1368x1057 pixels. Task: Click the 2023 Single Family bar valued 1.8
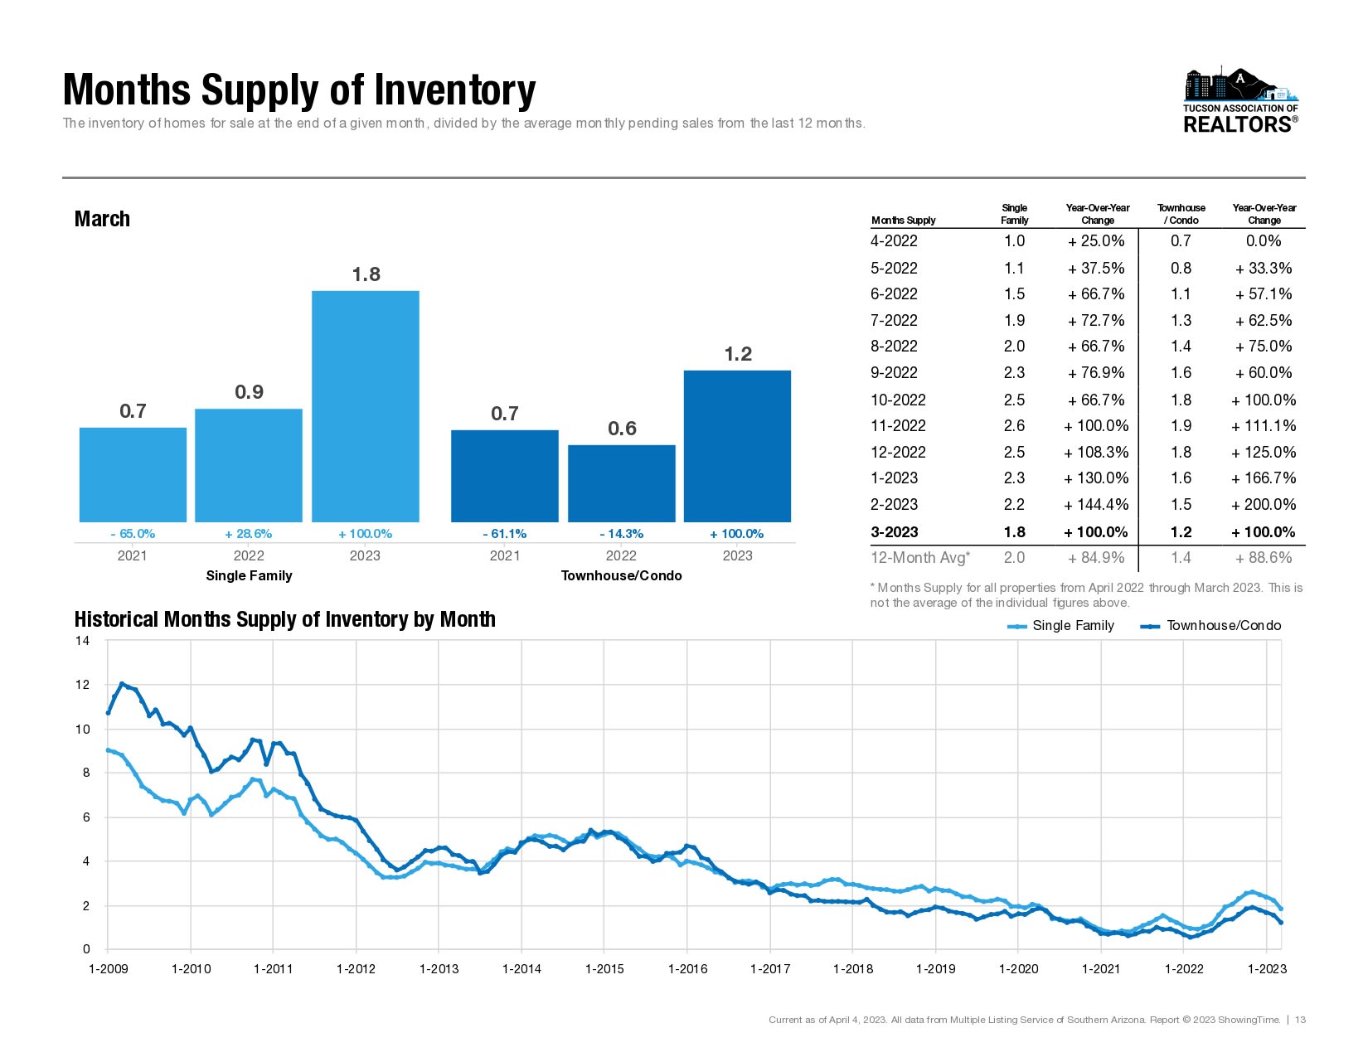pos(365,406)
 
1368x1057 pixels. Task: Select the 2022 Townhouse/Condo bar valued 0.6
pos(621,483)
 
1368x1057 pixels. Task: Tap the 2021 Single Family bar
pos(133,474)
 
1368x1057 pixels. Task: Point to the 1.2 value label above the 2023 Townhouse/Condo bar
pos(738,355)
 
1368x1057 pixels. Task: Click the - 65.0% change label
pos(133,534)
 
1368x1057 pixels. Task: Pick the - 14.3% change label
pos(621,534)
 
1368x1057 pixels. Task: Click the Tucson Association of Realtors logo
pos(1240,101)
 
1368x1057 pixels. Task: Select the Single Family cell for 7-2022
pos(1014,321)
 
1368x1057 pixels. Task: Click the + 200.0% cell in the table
pos(1264,505)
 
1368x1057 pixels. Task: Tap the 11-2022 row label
pos(898,426)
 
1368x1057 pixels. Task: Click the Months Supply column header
pos(903,221)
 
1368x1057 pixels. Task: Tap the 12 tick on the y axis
pos(82,685)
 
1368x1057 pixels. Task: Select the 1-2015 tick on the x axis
pos(604,969)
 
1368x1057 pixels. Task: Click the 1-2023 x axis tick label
pos(1267,969)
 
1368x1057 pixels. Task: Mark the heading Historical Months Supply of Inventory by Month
pos(284,620)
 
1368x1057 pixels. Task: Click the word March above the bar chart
pos(102,219)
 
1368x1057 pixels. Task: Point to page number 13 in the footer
pos(1300,1020)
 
